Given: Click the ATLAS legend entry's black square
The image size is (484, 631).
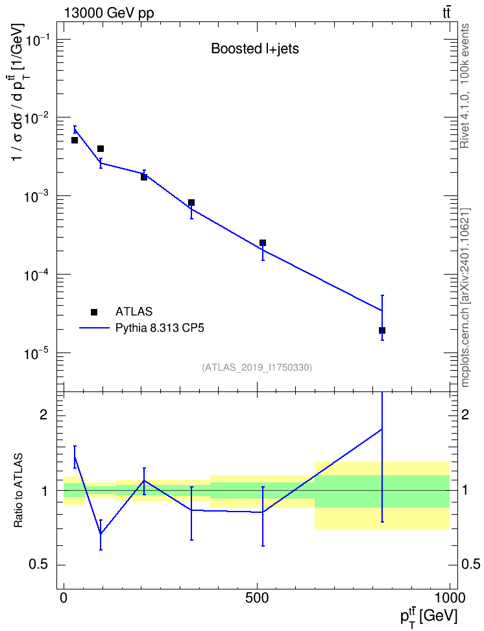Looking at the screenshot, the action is [94, 312].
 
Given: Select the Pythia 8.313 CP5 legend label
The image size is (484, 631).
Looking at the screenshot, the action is [160, 328].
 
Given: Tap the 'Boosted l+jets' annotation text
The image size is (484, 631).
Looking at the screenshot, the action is [255, 49].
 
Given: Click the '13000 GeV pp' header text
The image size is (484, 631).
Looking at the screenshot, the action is [108, 13].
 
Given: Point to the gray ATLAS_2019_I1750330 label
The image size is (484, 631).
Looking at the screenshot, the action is [257, 367].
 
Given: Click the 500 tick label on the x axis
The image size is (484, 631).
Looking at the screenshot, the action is [257, 598].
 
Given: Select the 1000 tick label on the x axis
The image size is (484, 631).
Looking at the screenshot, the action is [449, 598].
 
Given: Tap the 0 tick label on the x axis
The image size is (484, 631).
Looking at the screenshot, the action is [64, 598].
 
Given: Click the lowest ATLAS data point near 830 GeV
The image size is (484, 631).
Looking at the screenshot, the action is [381, 330].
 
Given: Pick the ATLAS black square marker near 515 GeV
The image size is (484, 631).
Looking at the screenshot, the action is [263, 243].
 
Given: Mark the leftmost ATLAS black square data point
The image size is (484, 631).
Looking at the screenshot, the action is [75, 140].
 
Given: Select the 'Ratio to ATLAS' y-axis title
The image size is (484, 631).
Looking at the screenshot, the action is [18, 491].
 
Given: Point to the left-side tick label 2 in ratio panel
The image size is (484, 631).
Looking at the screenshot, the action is [43, 415].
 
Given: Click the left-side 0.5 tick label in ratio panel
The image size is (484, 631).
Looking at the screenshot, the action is [38, 565].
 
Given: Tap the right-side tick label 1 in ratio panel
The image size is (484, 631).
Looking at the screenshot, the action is [465, 491].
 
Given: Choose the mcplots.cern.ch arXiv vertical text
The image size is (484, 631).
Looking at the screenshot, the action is [465, 297].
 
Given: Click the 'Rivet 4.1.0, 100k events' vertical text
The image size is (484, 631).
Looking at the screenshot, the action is [465, 86].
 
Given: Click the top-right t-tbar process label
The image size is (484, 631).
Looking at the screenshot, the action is [446, 12].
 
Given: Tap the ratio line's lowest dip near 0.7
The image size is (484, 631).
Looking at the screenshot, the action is [101, 534].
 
